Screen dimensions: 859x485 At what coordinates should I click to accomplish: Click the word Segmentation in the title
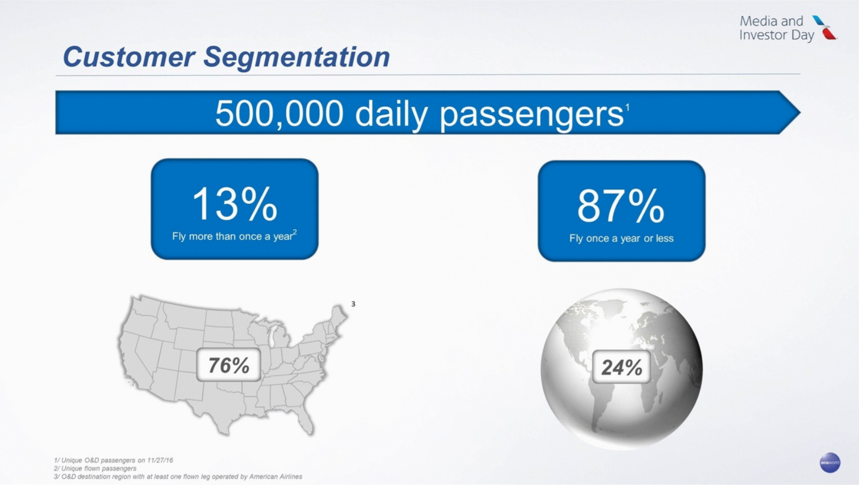coord(296,58)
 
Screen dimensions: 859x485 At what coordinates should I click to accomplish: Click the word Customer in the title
coord(128,57)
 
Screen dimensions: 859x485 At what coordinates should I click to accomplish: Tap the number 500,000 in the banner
coord(279,114)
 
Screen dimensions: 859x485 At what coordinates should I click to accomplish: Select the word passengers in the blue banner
coord(532,115)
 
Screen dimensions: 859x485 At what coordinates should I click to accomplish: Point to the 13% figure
coord(235,204)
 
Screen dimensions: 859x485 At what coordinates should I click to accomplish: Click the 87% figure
coord(621,206)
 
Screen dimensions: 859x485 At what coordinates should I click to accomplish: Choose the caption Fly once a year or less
coord(621,238)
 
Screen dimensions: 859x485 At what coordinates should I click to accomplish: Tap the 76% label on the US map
coord(229,365)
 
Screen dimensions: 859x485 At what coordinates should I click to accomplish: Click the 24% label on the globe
coord(622,367)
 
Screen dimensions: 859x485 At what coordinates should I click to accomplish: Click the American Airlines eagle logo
coord(825,27)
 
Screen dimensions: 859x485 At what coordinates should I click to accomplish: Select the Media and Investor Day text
coord(777,28)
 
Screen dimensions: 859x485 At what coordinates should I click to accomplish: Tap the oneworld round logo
coord(830,462)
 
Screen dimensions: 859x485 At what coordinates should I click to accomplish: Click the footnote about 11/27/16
coord(113,460)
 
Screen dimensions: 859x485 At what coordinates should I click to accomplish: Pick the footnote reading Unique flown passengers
coord(95,468)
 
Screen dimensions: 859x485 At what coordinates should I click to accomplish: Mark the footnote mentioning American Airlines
coord(178,476)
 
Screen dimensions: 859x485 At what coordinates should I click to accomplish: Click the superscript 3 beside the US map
coord(353,304)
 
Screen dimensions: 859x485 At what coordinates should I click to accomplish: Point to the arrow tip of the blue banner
coord(800,112)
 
